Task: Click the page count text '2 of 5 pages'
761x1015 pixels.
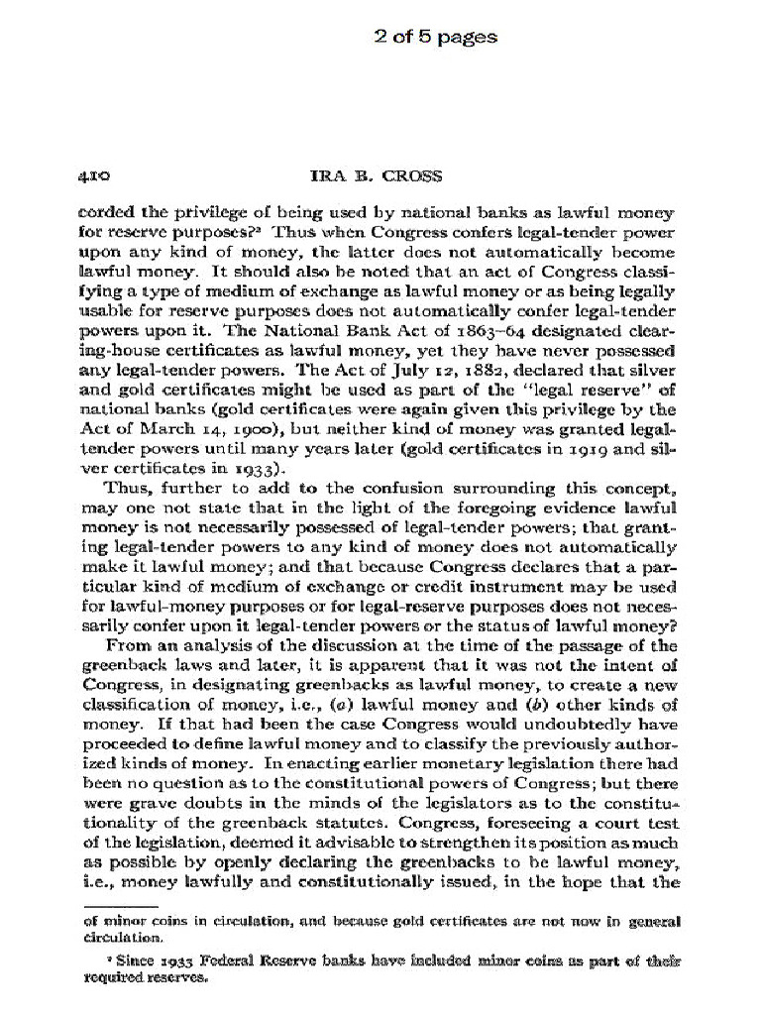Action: [435, 38]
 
